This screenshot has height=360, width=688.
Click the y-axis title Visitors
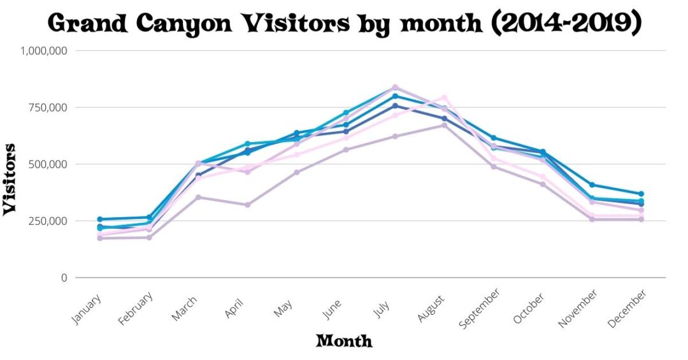pos(11,179)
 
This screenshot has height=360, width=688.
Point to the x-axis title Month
pos(344,341)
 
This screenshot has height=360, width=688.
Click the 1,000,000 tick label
pos(45,51)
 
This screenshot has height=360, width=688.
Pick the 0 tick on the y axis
pos(64,278)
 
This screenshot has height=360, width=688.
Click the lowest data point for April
pos(247,205)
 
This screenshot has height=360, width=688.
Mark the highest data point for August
pos(445,97)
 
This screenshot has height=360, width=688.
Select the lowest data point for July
pos(395,136)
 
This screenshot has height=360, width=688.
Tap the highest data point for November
pos(592,185)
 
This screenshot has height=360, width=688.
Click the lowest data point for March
pos(198,197)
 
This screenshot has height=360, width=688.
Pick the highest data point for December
pos(641,194)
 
